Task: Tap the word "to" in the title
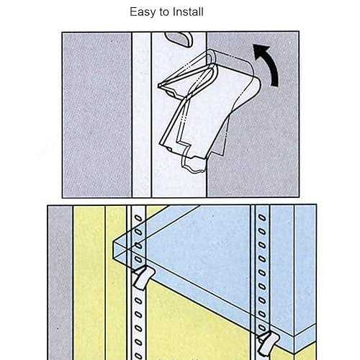pyautogui.click(x=164, y=12)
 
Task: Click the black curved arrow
pyautogui.click(x=269, y=64)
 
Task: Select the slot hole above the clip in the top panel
pyautogui.click(x=179, y=39)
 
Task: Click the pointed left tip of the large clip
pyautogui.click(x=159, y=85)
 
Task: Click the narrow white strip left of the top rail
pyautogui.click(x=142, y=114)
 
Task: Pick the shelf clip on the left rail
pyautogui.click(x=143, y=277)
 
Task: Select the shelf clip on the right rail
pyautogui.click(x=269, y=342)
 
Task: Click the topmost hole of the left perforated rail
pyautogui.click(x=138, y=218)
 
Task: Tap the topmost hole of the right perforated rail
pyautogui.click(x=262, y=217)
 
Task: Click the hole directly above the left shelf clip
pyautogui.click(x=138, y=259)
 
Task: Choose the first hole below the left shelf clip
pyautogui.click(x=138, y=300)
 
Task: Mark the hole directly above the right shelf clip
pyautogui.click(x=263, y=328)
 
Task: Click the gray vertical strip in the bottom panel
pyautogui.click(x=60, y=283)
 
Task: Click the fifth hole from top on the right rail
pyautogui.click(x=263, y=273)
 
